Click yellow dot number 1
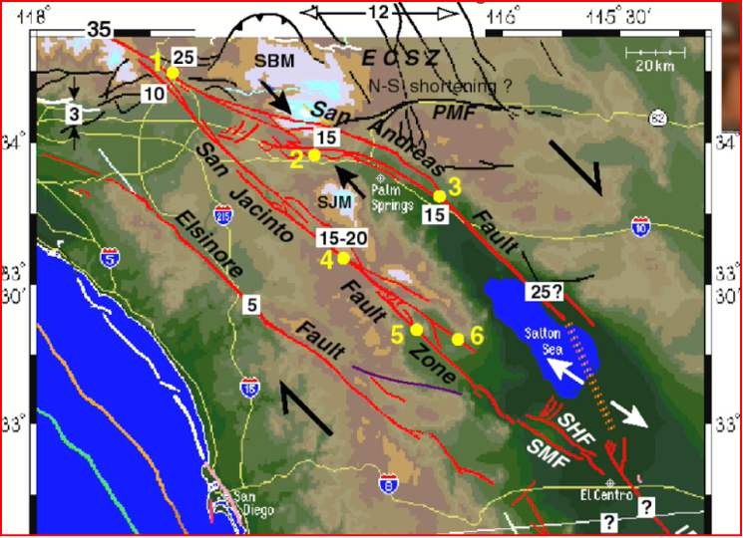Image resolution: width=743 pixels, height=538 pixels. [173, 73]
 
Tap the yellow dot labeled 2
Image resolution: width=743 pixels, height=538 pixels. [314, 154]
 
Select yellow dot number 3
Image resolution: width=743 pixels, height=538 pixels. [439, 196]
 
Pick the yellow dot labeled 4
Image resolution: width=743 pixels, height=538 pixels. [343, 258]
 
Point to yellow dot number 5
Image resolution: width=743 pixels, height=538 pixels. [417, 330]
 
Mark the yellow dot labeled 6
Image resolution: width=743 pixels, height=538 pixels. [458, 339]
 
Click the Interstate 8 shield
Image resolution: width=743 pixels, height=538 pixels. [386, 485]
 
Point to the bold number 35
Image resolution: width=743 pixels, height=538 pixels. [98, 28]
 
